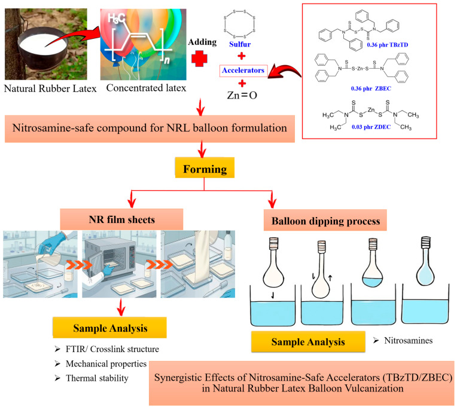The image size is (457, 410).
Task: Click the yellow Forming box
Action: point(205,168)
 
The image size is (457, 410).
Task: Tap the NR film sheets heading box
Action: point(121,219)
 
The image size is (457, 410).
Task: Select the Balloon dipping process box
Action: point(325,221)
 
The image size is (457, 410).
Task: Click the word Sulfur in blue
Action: point(240,44)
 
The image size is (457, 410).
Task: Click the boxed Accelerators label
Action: point(243,71)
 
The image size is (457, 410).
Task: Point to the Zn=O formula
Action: point(242,95)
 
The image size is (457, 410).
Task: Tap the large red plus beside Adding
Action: point(199,59)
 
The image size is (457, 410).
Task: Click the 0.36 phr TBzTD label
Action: point(388,45)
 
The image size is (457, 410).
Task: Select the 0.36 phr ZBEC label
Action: point(371,88)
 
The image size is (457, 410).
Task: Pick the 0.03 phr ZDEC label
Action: point(371,127)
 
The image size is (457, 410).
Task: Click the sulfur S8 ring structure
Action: point(240,24)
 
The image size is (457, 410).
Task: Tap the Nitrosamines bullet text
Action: point(408,341)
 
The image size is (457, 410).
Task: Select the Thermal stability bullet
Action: point(97,378)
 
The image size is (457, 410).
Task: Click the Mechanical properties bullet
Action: point(106,364)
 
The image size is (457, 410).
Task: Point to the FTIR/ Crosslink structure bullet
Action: point(112,349)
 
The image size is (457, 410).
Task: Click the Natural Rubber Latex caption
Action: point(50,88)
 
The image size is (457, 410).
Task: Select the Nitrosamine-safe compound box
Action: point(150,128)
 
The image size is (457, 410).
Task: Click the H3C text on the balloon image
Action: point(116,19)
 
